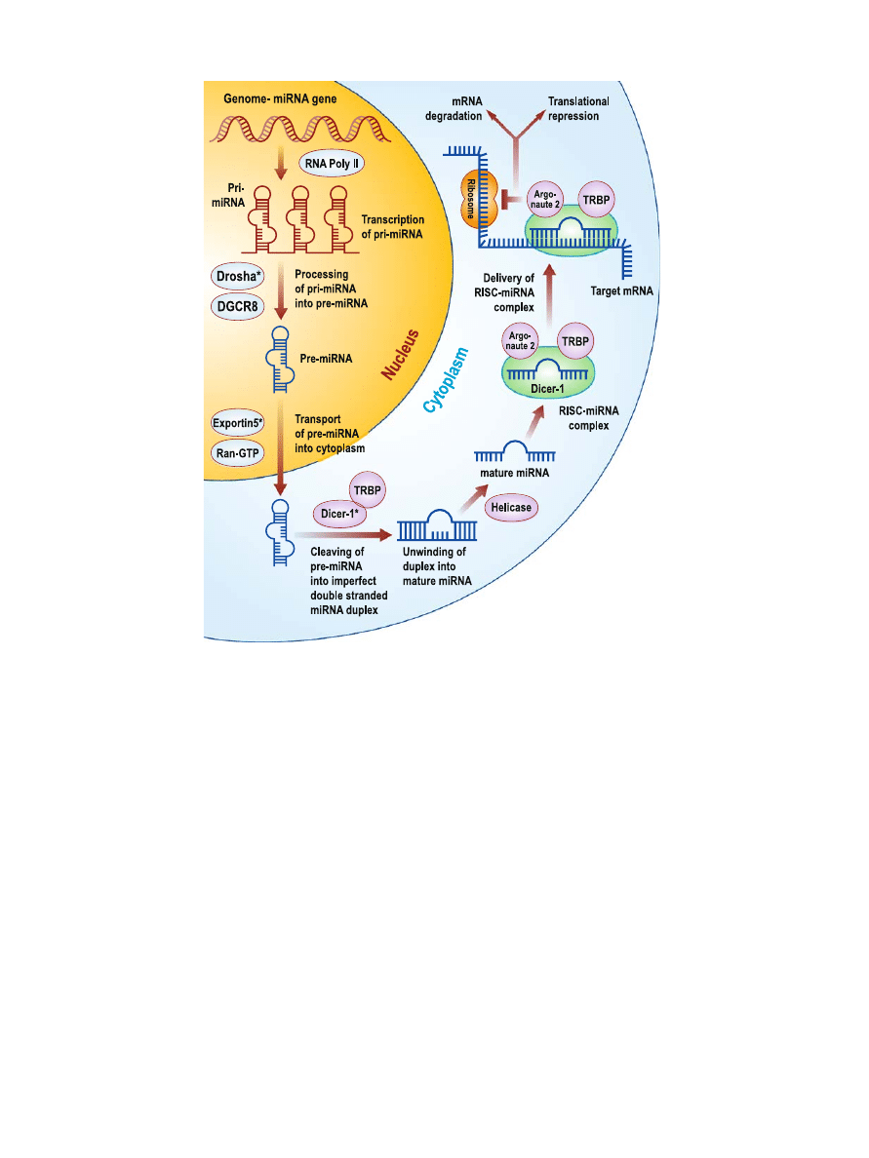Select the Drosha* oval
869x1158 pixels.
pyautogui.click(x=237, y=276)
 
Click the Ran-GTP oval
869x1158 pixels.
pyautogui.click(x=237, y=453)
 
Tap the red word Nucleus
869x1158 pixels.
pyautogui.click(x=402, y=357)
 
